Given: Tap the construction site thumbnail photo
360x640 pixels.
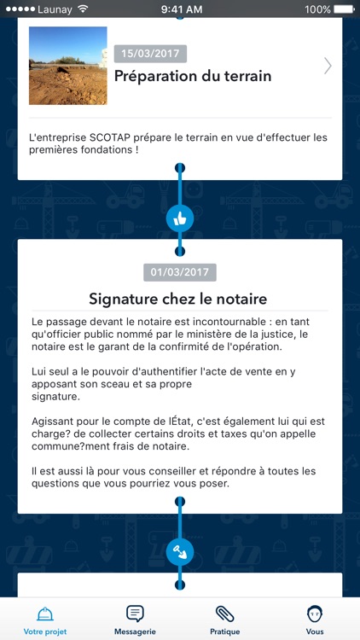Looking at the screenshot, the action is [67, 66].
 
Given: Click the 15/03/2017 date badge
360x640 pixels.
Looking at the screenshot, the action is [150, 54].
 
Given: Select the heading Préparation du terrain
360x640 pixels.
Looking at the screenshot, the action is [193, 76].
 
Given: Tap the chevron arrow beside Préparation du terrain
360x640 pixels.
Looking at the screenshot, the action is [328, 66].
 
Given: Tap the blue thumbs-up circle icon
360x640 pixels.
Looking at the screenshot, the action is [180, 218].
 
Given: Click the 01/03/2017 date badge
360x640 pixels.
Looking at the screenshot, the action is [180, 273].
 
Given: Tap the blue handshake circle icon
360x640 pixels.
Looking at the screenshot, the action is [180, 552].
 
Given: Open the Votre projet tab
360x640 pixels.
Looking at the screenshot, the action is [45, 620].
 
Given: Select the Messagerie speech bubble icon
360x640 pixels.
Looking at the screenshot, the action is [135, 613].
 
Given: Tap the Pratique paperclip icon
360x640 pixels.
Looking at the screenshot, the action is [225, 613].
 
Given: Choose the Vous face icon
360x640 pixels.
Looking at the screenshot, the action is [315, 613].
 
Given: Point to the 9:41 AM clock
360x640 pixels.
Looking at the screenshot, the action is [179, 9].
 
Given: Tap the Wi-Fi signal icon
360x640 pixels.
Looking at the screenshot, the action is [83, 9].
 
